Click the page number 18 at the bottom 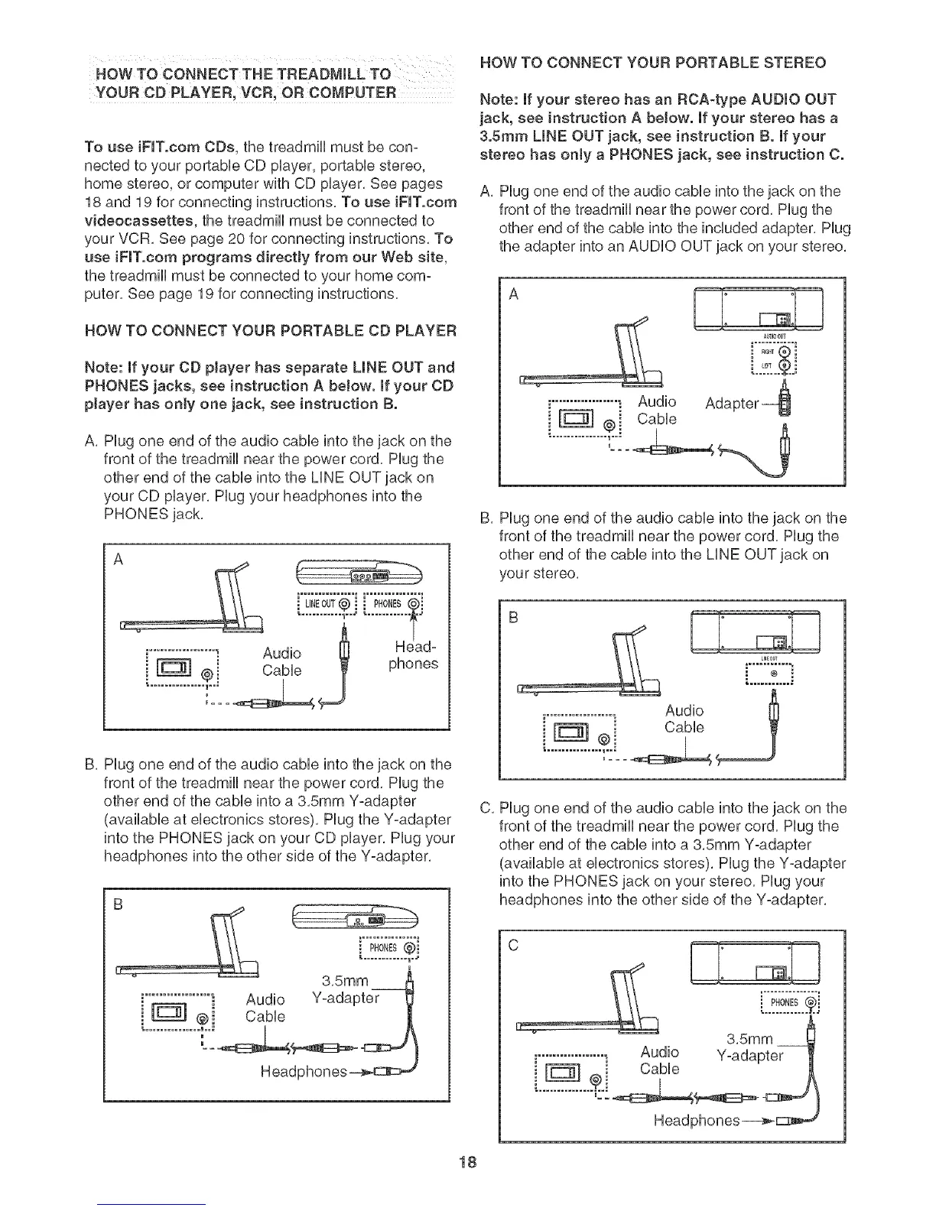468,1163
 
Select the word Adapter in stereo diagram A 732,403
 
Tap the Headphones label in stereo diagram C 697,1121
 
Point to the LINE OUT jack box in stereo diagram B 770,674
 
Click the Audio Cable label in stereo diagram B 684,719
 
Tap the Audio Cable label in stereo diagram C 659,1060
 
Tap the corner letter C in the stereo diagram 512,945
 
